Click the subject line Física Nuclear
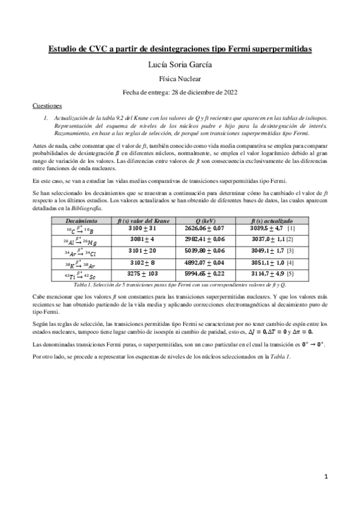[180, 78]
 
